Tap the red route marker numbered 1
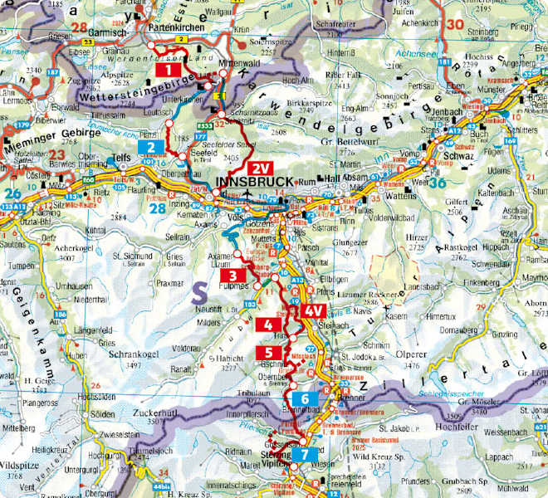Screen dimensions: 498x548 coord(164,71)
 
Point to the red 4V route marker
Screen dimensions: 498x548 coord(312,310)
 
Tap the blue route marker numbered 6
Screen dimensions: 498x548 coord(305,399)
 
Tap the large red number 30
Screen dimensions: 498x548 coord(454,25)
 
